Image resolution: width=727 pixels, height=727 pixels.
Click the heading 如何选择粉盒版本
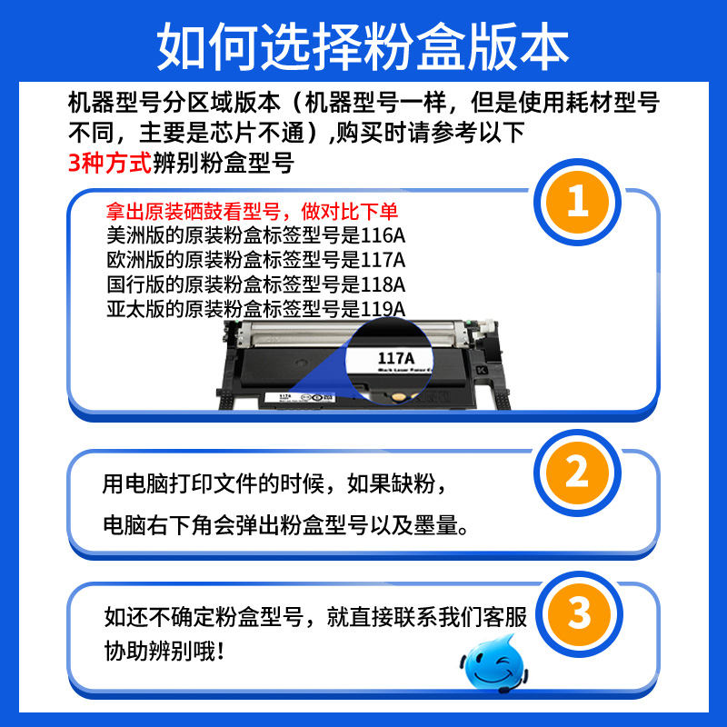pyautogui.click(x=363, y=43)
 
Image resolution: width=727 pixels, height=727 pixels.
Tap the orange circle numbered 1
pyautogui.click(x=578, y=203)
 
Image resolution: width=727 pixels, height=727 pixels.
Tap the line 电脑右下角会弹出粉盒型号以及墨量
pyautogui.click(x=285, y=526)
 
